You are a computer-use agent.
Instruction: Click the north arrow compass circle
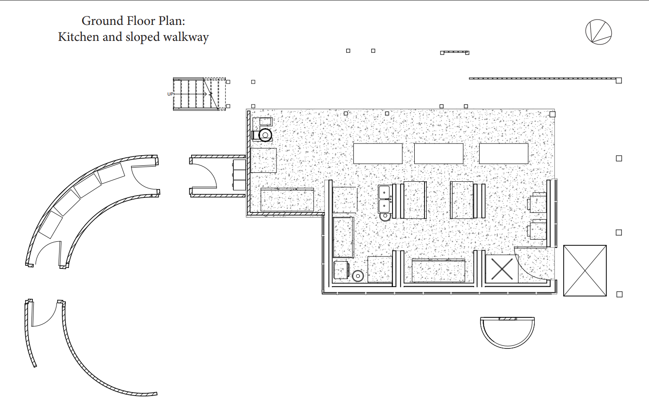(598, 32)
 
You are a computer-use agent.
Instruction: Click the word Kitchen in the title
(78, 37)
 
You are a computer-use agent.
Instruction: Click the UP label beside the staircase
(170, 94)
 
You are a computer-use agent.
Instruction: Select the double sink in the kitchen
(384, 200)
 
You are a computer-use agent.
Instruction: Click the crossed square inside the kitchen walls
(502, 269)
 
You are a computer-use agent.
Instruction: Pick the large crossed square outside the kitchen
(585, 271)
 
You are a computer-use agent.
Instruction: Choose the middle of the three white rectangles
(439, 153)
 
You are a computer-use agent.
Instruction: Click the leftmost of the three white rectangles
(378, 153)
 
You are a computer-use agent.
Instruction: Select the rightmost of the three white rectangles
(504, 153)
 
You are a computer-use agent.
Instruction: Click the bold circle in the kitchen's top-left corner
(265, 135)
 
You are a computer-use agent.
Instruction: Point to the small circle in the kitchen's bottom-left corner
(358, 276)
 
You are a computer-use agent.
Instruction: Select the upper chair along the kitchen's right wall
(537, 203)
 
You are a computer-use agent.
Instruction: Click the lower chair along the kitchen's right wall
(537, 230)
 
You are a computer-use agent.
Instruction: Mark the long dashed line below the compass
(542, 78)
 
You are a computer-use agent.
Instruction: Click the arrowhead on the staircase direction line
(210, 94)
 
